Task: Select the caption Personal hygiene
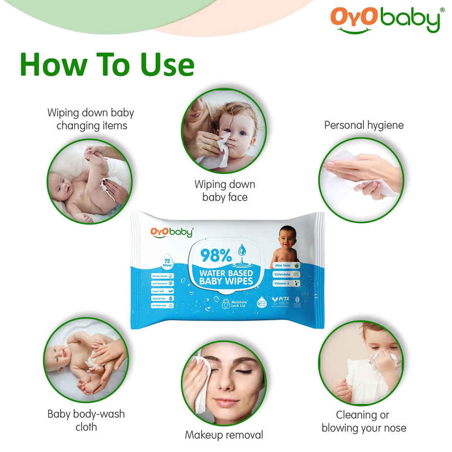click(x=364, y=125)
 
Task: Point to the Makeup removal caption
click(x=224, y=435)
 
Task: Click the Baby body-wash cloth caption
click(x=86, y=420)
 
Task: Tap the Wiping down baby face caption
click(x=225, y=190)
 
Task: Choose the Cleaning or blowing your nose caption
click(x=364, y=421)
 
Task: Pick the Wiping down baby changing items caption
click(x=90, y=119)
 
